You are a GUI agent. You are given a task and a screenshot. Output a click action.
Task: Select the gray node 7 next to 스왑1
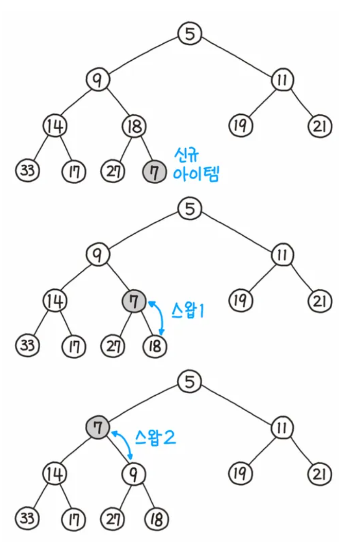[134, 302]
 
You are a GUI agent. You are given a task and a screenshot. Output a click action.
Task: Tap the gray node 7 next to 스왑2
[98, 427]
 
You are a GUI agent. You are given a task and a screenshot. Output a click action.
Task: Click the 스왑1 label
[187, 311]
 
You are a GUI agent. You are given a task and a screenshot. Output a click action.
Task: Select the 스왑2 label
[156, 437]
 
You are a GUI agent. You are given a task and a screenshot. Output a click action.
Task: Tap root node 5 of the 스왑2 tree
[190, 382]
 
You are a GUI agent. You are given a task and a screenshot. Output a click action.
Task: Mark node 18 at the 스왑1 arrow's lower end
[154, 346]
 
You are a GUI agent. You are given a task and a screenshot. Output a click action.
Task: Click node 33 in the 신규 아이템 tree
[27, 172]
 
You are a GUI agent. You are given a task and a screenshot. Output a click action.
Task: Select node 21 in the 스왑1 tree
[320, 302]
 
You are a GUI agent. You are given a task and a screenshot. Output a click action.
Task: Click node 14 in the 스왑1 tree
[54, 302]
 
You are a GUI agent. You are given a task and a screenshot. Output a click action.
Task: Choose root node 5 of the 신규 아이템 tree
[190, 34]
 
